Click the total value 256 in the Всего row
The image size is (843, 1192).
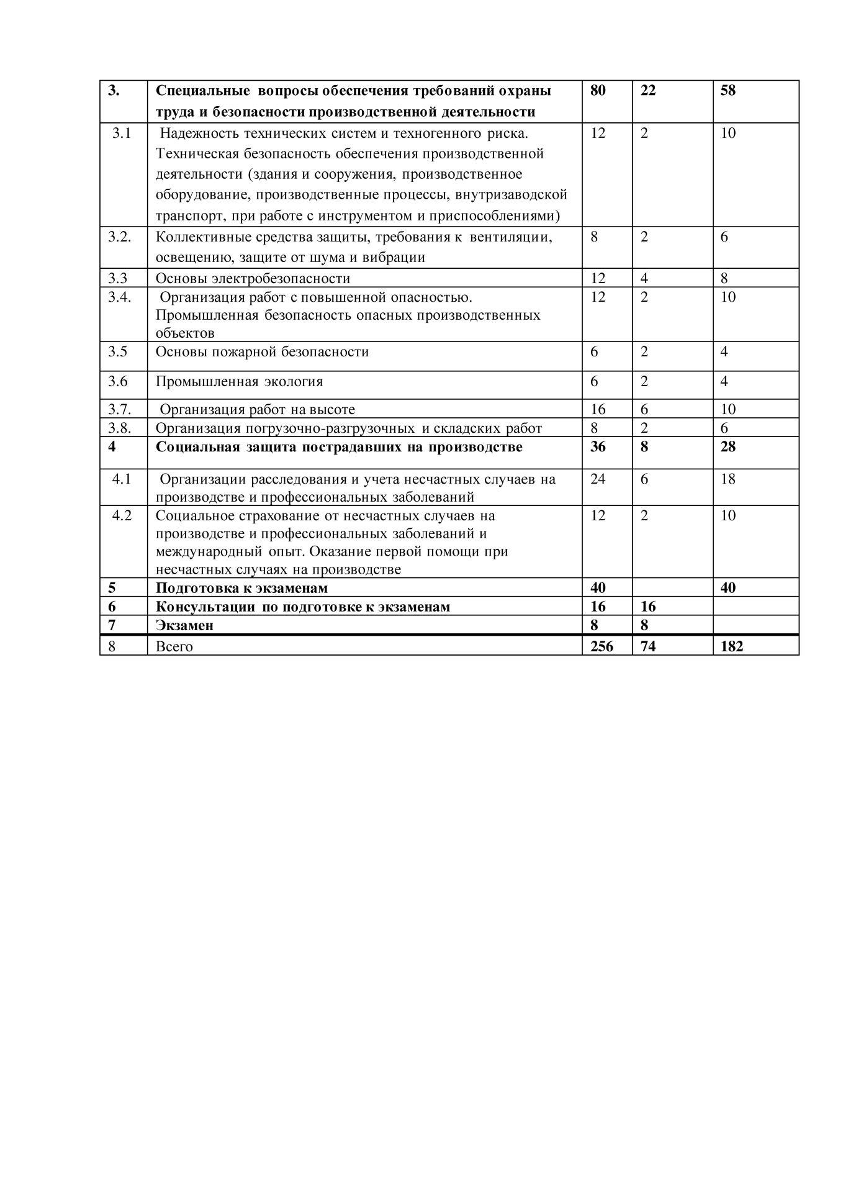[601, 646]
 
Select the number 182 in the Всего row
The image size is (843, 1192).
[731, 646]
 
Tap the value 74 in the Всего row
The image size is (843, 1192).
[647, 646]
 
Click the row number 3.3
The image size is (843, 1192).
[117, 278]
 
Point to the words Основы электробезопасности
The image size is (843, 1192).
[253, 278]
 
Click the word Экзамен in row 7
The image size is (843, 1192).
[184, 625]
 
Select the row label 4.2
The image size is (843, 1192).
[122, 515]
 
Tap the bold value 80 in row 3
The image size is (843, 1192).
[597, 90]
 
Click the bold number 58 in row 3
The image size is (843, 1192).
[728, 90]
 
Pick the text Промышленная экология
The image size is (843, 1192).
[239, 381]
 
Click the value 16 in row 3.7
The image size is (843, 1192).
[597, 409]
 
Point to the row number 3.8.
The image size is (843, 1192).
[119, 428]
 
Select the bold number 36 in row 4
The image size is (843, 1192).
[597, 446]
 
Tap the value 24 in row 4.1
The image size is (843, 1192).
[597, 479]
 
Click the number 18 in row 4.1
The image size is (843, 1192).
[728, 479]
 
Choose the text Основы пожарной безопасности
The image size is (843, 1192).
[262, 352]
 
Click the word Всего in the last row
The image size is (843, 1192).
[174, 646]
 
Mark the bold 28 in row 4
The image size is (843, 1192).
[728, 446]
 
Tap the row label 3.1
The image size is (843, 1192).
[121, 133]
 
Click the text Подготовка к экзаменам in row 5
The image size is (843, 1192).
[241, 588]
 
